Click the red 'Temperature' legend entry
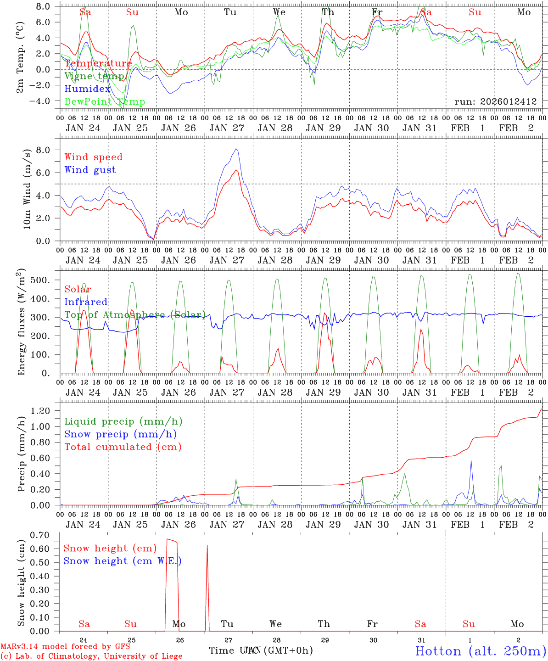[x=98, y=63]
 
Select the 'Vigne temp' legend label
[x=94, y=76]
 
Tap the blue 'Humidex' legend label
[x=87, y=89]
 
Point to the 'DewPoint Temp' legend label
[x=105, y=102]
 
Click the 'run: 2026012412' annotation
[x=495, y=101]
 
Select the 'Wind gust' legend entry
[x=90, y=170]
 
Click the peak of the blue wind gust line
[x=236, y=149]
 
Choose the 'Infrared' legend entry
[x=86, y=302]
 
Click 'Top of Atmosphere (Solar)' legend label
[x=134, y=315]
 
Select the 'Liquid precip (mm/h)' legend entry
[x=123, y=421]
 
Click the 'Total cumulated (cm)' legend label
[x=123, y=447]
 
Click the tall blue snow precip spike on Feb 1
[x=471, y=461]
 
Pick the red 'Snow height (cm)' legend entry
[x=110, y=548]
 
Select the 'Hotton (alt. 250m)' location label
[x=481, y=651]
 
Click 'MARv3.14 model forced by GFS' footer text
[x=65, y=646]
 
